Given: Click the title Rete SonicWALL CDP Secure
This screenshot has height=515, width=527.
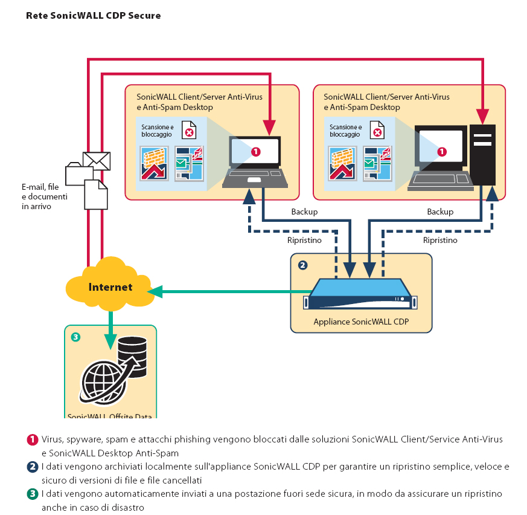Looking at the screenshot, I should click(93, 16).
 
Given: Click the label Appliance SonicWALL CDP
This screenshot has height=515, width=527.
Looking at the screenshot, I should click(361, 322).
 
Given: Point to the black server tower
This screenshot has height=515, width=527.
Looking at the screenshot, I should click(483, 155).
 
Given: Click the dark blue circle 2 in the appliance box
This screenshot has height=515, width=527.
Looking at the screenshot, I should click(302, 265).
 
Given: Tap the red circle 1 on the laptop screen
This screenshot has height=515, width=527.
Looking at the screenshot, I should click(255, 152).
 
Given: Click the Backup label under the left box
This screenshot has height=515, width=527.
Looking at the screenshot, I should click(304, 212).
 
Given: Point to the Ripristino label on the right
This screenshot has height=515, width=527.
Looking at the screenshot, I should click(440, 240).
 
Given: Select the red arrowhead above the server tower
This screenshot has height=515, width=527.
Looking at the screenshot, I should click(483, 115).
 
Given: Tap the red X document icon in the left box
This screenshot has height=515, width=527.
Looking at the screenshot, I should click(190, 132).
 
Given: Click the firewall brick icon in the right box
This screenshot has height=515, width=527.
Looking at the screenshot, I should click(341, 164).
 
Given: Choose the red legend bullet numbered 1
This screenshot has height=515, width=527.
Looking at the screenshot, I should click(33, 439).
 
